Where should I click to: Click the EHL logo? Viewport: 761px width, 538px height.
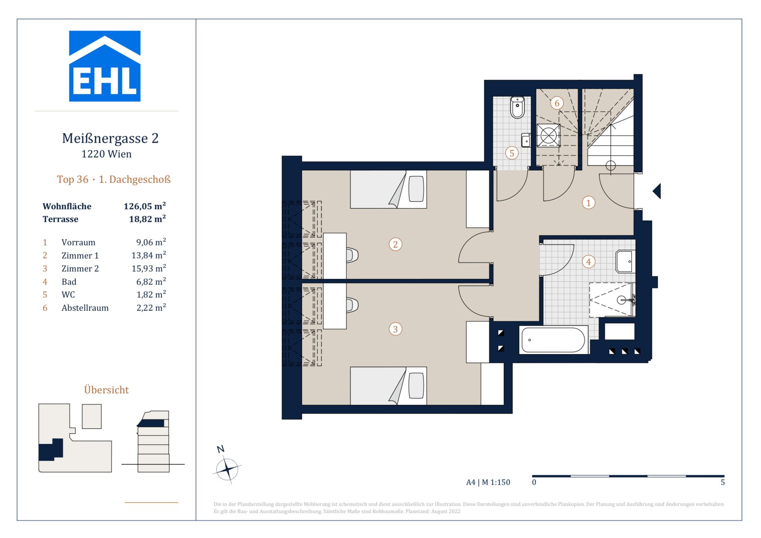(x=105, y=66)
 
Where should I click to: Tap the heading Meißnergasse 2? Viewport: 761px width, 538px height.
(x=110, y=138)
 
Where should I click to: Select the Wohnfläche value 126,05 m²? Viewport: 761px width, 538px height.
(x=145, y=206)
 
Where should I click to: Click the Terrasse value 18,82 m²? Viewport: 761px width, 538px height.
(x=148, y=219)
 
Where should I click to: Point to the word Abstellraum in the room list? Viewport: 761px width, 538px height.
(x=85, y=308)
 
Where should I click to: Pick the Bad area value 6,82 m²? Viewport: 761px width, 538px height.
(x=151, y=281)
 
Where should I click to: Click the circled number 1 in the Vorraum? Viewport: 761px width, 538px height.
(x=589, y=203)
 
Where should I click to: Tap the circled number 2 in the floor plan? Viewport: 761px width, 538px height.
(x=395, y=244)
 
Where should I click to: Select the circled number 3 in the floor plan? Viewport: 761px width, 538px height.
(x=395, y=329)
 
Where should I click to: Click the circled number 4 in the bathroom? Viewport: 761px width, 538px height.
(x=589, y=262)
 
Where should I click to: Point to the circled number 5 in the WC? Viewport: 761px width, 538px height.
(x=512, y=153)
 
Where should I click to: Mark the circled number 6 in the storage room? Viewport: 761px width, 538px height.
(x=557, y=103)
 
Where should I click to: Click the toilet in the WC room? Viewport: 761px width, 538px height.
(x=517, y=107)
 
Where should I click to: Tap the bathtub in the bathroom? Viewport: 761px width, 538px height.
(x=553, y=340)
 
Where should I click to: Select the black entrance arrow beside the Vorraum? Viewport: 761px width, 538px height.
(x=657, y=191)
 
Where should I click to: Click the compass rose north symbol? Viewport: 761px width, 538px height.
(x=227, y=469)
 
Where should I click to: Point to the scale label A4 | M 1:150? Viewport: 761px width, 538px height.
(x=488, y=482)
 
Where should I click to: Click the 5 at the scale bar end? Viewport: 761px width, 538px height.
(x=723, y=482)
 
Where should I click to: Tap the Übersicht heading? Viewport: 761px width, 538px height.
(x=106, y=390)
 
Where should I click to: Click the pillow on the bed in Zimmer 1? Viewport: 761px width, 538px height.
(x=416, y=189)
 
